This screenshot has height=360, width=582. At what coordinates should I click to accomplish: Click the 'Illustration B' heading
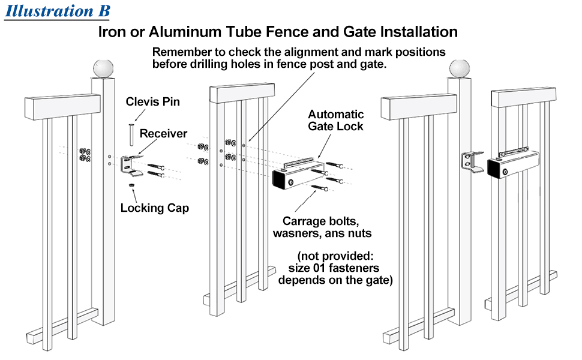click(x=58, y=11)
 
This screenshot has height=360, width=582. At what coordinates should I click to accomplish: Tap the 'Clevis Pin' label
click(x=152, y=101)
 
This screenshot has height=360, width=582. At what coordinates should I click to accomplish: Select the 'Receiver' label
click(x=163, y=134)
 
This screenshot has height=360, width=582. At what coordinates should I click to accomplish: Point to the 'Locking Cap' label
click(x=155, y=208)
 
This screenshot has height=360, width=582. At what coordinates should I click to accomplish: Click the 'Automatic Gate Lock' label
click(x=335, y=120)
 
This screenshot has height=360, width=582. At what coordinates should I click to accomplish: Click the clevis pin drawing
click(x=131, y=135)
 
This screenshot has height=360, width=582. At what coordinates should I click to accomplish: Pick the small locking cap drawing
click(x=131, y=185)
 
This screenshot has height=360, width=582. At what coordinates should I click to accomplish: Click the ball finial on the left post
click(x=103, y=69)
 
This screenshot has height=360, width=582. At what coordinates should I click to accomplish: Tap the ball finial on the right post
click(x=460, y=69)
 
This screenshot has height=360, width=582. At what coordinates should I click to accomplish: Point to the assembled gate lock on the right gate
click(x=513, y=164)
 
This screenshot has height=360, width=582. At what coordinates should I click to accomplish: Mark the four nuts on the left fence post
click(x=85, y=155)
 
